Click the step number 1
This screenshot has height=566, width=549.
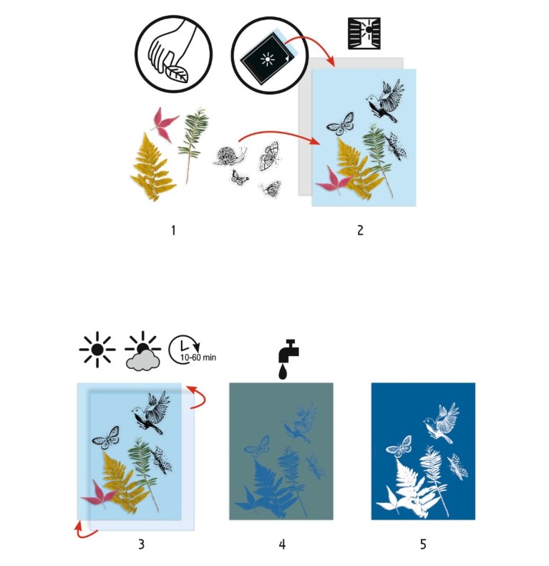click(x=173, y=230)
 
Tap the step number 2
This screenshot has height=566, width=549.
click(x=360, y=230)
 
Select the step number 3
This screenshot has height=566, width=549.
click(x=142, y=544)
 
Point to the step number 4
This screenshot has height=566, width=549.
click(x=282, y=544)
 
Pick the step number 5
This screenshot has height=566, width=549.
click(x=423, y=544)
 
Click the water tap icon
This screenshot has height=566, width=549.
click(x=288, y=359)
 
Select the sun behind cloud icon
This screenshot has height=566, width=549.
click(x=143, y=351)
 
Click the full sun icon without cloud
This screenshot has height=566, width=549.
click(x=97, y=350)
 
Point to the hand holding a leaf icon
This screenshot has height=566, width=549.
click(x=173, y=54)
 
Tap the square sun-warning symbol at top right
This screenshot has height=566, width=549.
click(x=364, y=33)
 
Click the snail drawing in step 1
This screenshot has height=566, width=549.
click(x=230, y=156)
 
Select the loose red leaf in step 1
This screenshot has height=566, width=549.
click(x=164, y=123)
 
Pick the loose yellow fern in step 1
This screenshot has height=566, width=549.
click(x=152, y=167)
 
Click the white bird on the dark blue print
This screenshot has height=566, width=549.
click(x=442, y=422)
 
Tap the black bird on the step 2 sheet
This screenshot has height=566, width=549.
click(x=385, y=100)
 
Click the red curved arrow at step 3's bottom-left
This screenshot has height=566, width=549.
click(x=85, y=529)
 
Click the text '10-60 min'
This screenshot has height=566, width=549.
click(x=198, y=358)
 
